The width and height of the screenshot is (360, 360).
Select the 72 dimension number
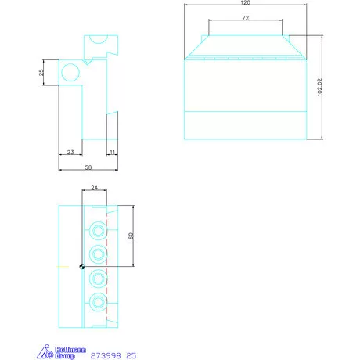(x=245, y=17)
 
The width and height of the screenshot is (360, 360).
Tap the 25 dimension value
(x=41, y=73)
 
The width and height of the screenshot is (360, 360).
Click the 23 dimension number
(x=70, y=151)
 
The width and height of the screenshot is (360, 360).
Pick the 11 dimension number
(x=112, y=151)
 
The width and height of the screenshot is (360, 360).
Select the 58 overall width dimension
(x=88, y=167)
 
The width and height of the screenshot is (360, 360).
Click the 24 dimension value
(x=95, y=188)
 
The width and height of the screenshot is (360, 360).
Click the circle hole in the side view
(x=69, y=73)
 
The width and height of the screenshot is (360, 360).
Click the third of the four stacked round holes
(x=97, y=278)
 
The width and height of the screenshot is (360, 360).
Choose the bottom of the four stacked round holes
(x=97, y=302)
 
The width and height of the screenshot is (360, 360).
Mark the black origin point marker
(x=81, y=266)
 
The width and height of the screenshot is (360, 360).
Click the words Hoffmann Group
(x=65, y=353)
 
